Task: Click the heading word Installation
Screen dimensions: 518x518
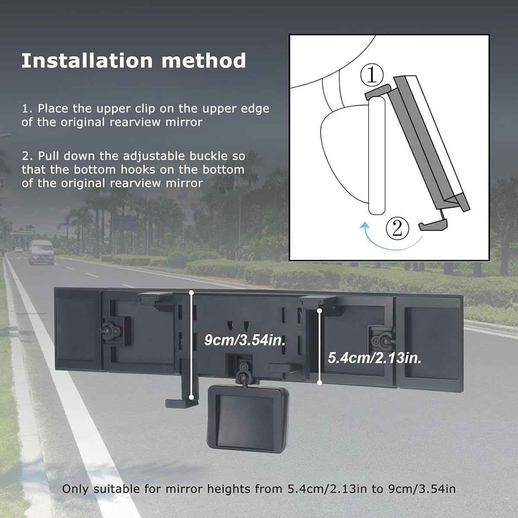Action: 87,60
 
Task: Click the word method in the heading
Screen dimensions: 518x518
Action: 203,60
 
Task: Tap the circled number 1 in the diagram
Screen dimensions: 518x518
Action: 372,75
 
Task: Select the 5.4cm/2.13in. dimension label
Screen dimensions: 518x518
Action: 374,358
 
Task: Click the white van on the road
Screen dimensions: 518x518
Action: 41,252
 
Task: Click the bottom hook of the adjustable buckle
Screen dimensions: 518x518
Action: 181,403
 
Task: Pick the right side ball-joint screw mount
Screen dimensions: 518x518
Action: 382,341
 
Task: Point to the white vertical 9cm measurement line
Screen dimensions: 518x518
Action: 191,345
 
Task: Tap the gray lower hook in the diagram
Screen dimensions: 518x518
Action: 433,224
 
